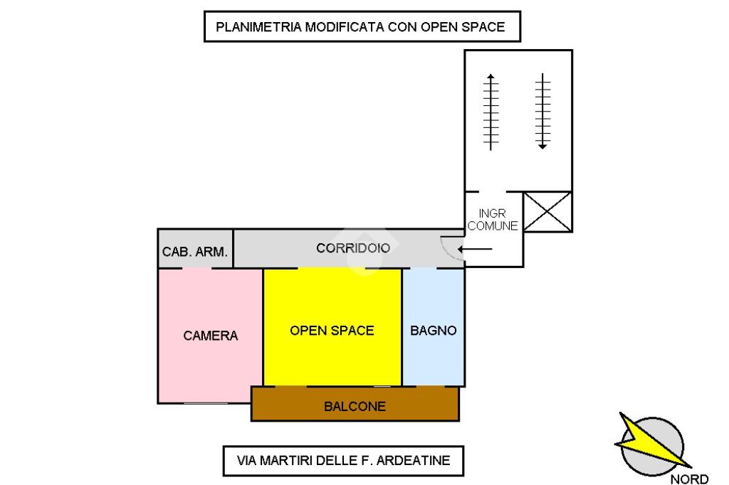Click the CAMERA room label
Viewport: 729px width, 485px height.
click(210, 336)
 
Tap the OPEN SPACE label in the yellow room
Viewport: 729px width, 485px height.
click(332, 331)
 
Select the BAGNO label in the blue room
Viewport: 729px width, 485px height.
click(433, 331)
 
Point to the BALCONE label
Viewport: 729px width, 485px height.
click(355, 407)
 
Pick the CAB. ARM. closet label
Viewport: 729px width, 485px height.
click(195, 252)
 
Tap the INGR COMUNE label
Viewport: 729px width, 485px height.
click(493, 220)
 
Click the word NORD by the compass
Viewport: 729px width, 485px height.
click(689, 479)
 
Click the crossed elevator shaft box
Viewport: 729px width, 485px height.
click(548, 212)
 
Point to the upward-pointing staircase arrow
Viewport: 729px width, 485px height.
click(491, 110)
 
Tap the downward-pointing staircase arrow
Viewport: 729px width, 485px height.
click(542, 110)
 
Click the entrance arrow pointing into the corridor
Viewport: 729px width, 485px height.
click(475, 249)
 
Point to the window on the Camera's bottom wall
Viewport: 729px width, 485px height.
click(206, 403)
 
